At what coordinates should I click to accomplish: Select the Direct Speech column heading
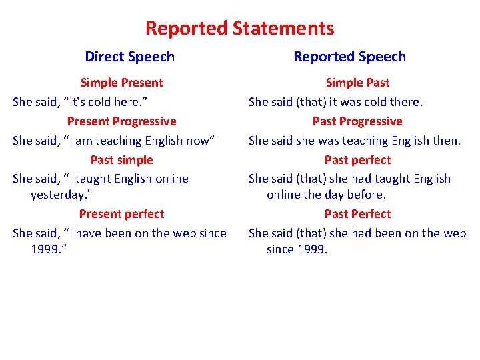click(130, 57)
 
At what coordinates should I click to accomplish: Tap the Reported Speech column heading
click(350, 57)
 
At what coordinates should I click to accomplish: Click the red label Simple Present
click(121, 83)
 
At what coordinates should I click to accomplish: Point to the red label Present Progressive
click(121, 121)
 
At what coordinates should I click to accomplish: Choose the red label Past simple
click(121, 160)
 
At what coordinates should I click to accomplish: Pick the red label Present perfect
click(121, 214)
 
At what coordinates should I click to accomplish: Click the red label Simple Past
click(357, 83)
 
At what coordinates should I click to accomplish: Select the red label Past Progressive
click(357, 121)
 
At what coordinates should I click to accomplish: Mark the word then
click(445, 141)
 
